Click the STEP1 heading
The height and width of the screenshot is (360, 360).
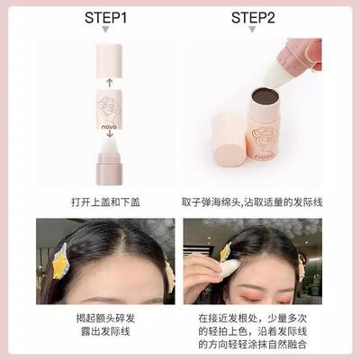click(x=106, y=18)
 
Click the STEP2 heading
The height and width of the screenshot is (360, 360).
click(x=253, y=18)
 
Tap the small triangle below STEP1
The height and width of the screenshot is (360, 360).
click(x=106, y=32)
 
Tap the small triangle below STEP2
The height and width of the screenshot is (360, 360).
click(x=253, y=32)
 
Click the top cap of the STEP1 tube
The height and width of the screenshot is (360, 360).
click(x=108, y=58)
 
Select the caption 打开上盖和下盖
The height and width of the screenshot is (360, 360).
click(x=106, y=199)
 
